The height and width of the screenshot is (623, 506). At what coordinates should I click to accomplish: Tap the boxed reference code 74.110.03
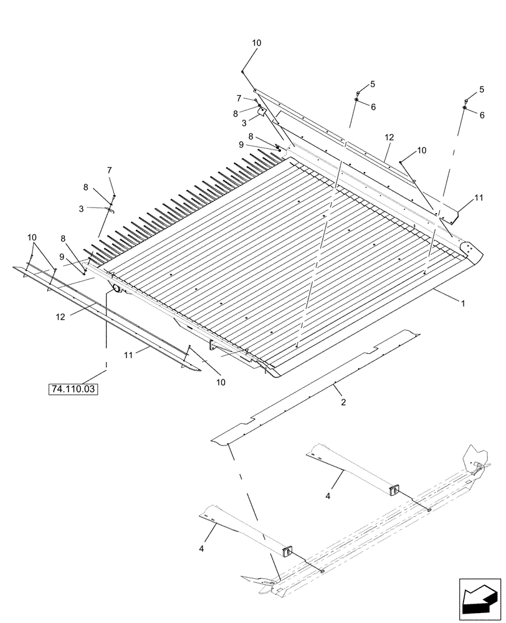coord(74,389)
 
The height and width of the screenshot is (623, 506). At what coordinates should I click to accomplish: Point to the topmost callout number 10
coord(257,43)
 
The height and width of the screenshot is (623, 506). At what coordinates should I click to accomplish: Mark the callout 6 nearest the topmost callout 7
coord(373,107)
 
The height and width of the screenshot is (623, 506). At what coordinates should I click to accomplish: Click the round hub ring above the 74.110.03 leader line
coord(115,288)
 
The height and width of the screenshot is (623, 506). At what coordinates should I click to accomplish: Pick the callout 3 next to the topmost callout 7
coord(246,123)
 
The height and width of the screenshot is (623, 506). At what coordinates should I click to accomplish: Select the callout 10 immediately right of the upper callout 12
coord(422,150)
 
